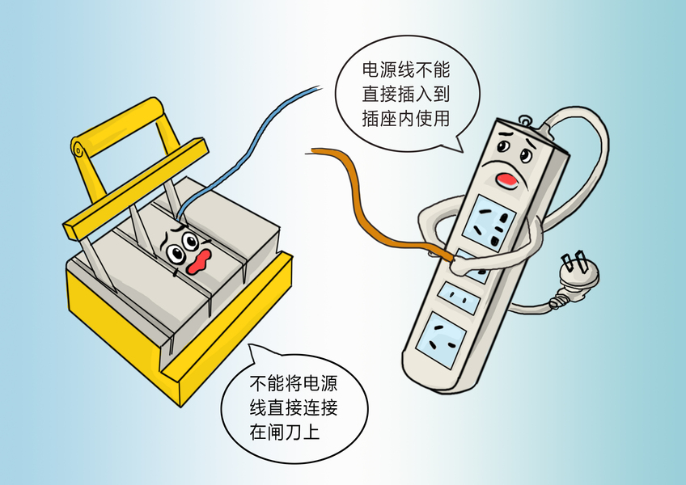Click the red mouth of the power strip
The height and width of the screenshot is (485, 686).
(x=506, y=179)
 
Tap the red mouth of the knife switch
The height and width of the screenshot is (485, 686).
(x=199, y=263)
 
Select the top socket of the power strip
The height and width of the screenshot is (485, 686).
(x=489, y=224)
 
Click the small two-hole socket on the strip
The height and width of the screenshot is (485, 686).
(x=459, y=298)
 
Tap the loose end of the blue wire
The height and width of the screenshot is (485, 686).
(x=321, y=87)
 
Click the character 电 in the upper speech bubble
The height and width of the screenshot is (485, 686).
(x=371, y=70)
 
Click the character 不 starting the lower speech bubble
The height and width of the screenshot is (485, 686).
(x=258, y=383)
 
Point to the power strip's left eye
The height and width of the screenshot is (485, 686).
(x=503, y=145)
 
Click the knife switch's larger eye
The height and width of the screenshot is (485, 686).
(x=176, y=252)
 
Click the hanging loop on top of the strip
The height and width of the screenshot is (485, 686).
(x=524, y=119)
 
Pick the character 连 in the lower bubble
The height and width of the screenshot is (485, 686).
(x=311, y=407)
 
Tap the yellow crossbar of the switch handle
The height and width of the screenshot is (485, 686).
(x=135, y=188)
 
